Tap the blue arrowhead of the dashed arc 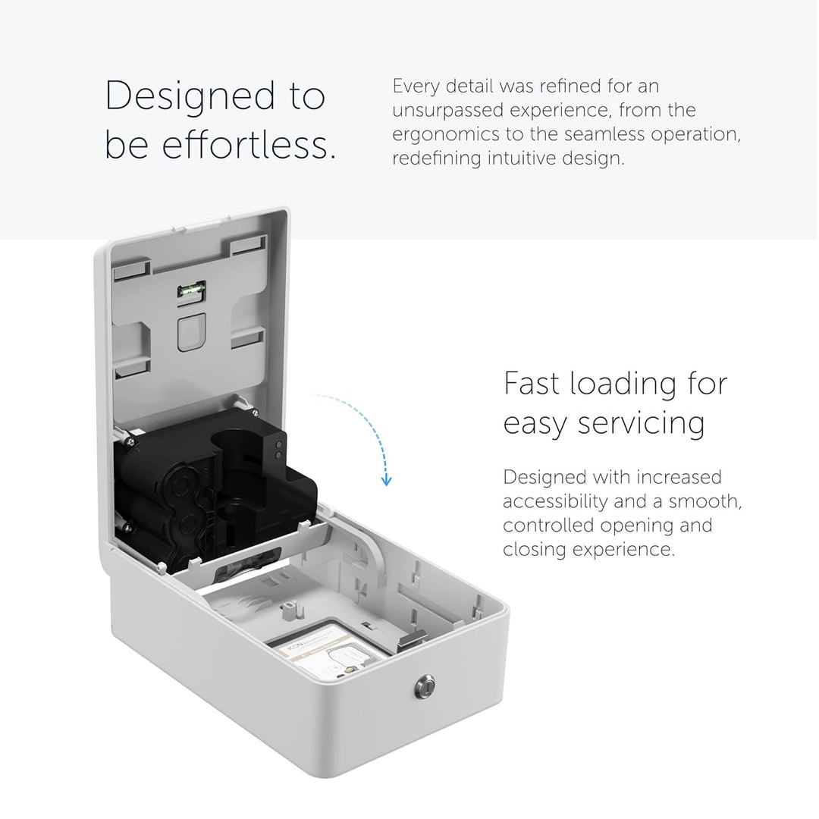[386, 479]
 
